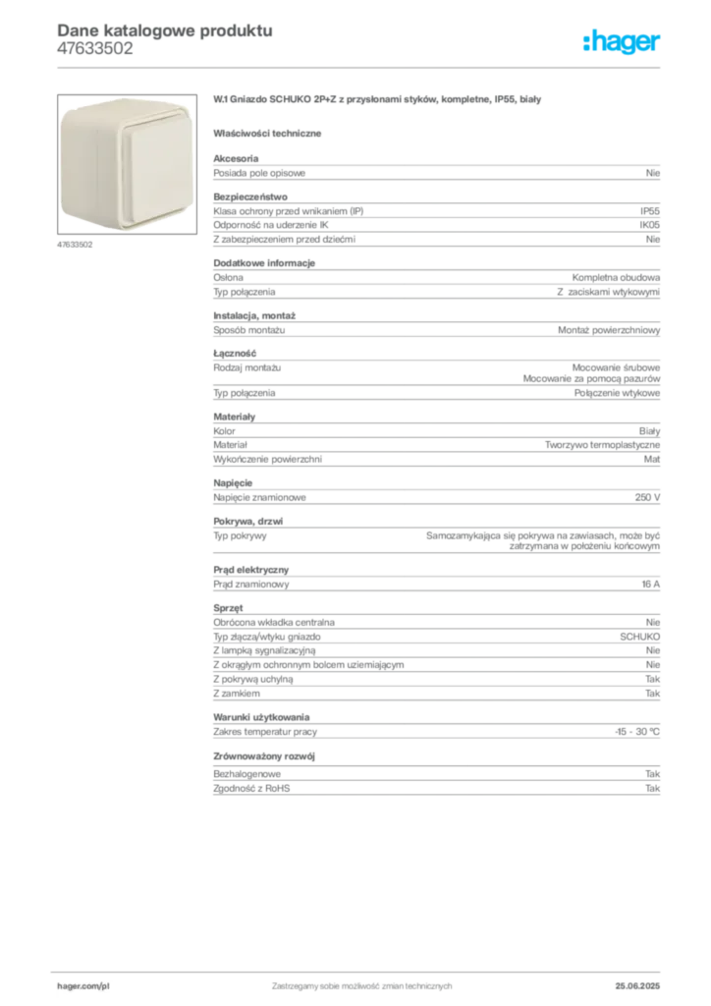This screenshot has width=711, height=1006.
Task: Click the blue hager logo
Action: click(x=624, y=44)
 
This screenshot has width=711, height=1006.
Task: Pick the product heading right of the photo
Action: click(x=378, y=101)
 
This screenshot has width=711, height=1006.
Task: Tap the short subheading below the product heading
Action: click(x=271, y=132)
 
